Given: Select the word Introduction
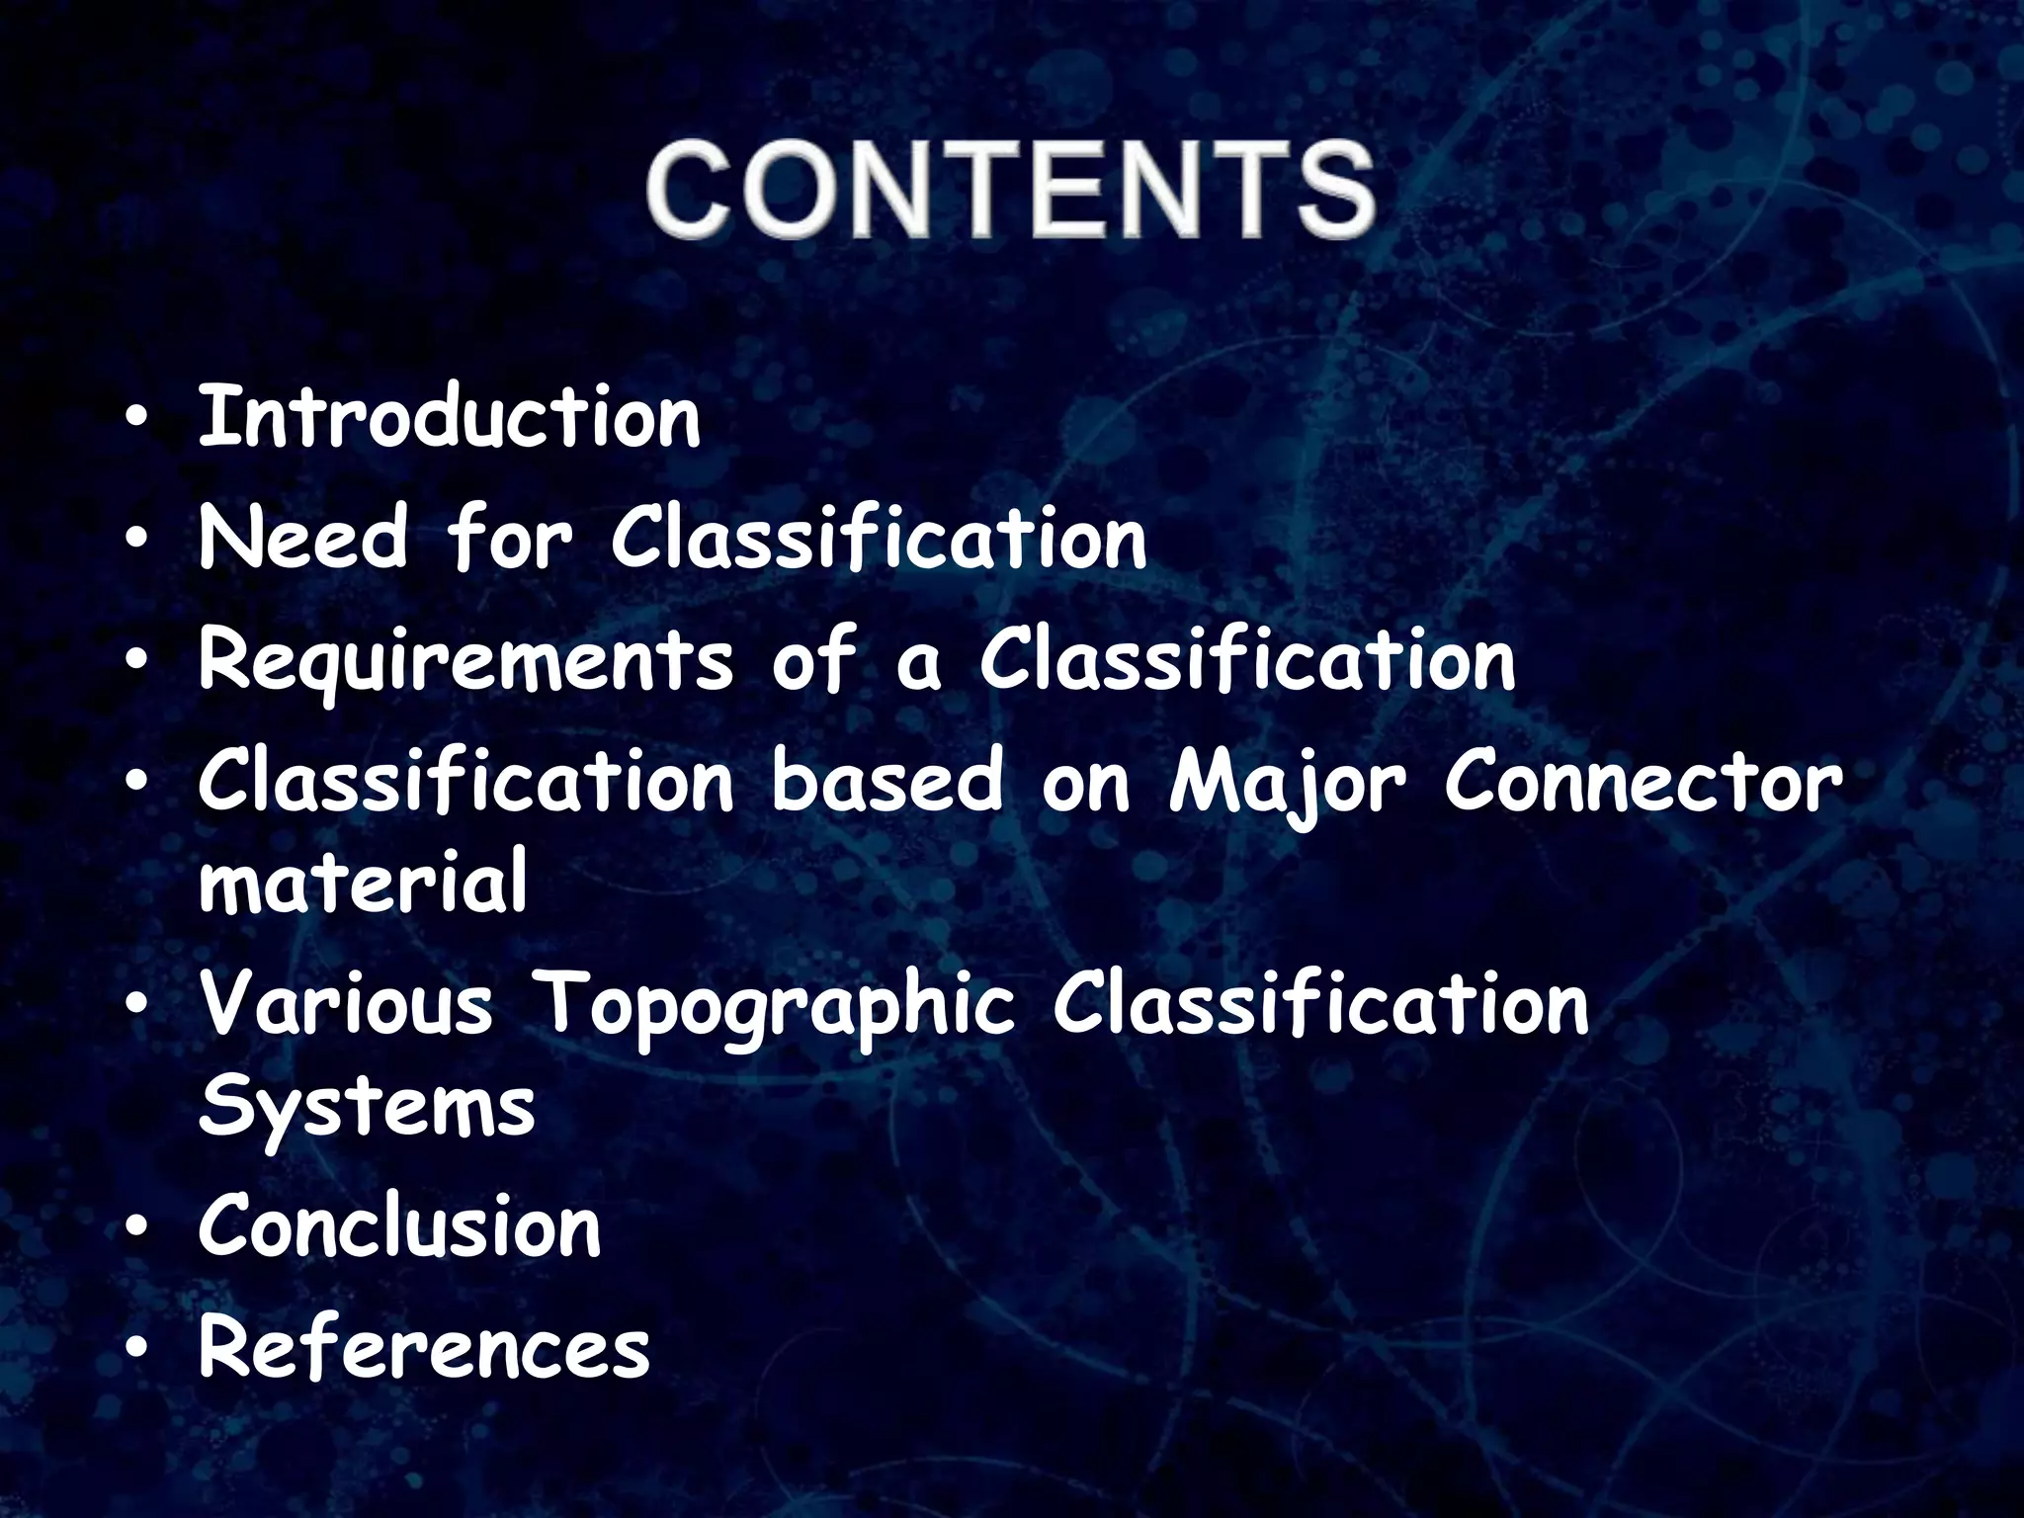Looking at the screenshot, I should pos(449,419).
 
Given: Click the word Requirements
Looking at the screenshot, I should pos(465,663).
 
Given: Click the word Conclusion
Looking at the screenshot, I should pos(399,1226).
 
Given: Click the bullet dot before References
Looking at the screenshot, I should pos(138,1350).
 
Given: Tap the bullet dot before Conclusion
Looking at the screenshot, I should pos(138,1229).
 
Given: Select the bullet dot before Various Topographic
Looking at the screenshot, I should pos(138,1009).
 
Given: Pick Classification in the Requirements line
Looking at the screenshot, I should pos(1246,661).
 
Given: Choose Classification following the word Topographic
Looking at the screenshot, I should pos(1320,1006).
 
